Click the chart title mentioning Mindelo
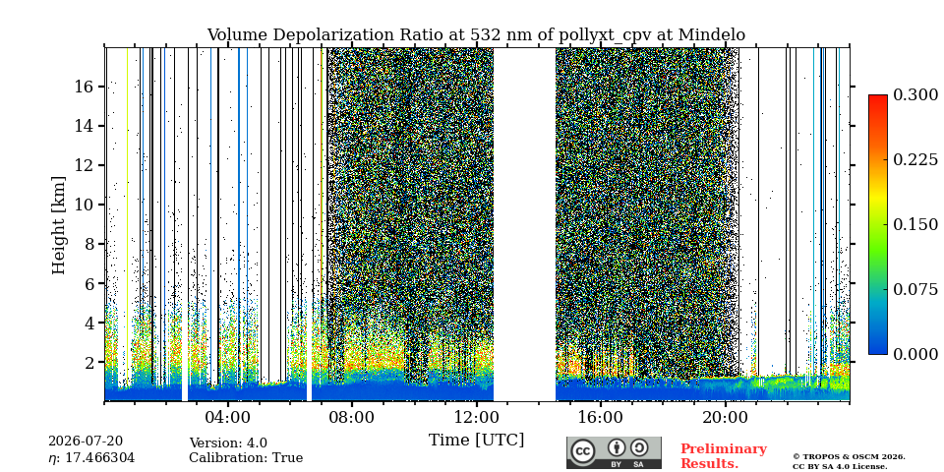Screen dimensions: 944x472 [x=476, y=35]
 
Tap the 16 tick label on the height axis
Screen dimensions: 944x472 [x=84, y=87]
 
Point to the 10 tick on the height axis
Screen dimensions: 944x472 [x=84, y=205]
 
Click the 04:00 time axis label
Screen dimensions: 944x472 [x=227, y=417]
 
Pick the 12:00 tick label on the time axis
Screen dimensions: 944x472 [x=476, y=417]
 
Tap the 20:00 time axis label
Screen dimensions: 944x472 [x=725, y=417]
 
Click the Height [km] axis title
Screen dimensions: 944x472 [x=58, y=225]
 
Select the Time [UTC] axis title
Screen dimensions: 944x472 [x=476, y=441]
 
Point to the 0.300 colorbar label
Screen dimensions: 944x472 [x=915, y=95]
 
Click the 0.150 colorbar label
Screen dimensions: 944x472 [x=915, y=224]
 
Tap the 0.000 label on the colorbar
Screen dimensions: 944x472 [x=915, y=354]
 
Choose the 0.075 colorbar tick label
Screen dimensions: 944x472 [x=915, y=289]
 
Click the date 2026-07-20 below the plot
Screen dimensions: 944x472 [x=86, y=442]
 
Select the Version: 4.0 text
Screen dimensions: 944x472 [x=228, y=443]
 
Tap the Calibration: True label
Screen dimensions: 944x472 [x=246, y=458]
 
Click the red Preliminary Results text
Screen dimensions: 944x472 [x=724, y=456]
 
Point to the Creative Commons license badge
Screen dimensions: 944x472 [x=614, y=452]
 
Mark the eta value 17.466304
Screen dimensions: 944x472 [x=91, y=458]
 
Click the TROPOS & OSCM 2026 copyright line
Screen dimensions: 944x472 [x=849, y=457]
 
